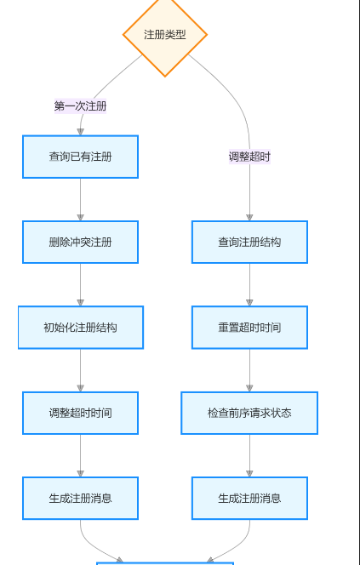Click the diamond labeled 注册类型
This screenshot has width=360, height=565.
click(164, 35)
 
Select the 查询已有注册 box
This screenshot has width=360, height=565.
click(80, 157)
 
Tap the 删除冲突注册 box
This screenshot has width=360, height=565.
click(80, 242)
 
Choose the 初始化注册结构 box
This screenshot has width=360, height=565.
click(80, 328)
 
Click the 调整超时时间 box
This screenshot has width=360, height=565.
click(80, 413)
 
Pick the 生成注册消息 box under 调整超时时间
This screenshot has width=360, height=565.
click(80, 498)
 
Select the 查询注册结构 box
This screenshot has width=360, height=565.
click(249, 242)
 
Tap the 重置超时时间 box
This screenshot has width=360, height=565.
click(249, 328)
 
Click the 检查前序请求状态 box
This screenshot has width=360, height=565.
click(249, 413)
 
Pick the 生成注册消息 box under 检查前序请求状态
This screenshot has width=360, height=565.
click(249, 498)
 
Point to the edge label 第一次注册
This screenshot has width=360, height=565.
click(80, 106)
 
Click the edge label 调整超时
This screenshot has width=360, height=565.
click(249, 157)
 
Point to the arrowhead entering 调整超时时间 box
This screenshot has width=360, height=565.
click(80, 387)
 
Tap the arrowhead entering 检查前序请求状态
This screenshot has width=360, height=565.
click(249, 387)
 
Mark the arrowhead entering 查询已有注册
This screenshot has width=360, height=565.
click(80, 131)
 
